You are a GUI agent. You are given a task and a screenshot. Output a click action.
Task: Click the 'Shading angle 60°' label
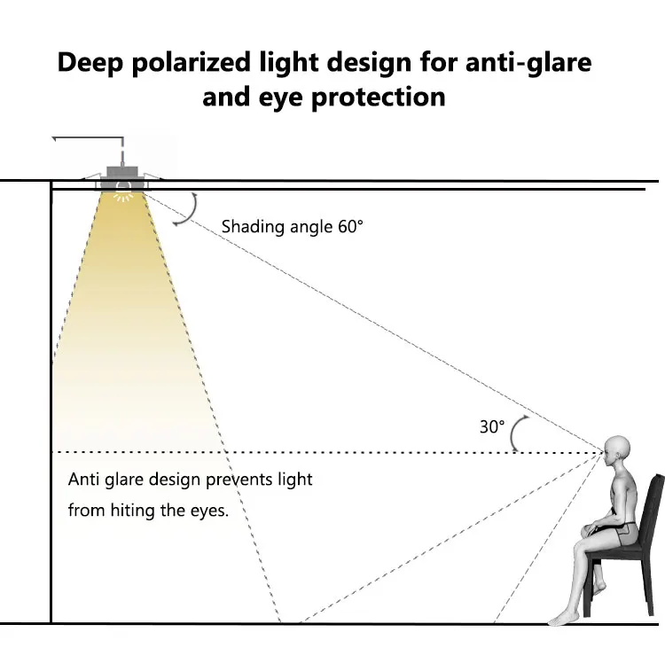coord(293,226)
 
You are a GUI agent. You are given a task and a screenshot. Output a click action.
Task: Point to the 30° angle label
coord(492,426)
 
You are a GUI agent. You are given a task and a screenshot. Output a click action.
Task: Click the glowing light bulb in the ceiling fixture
coord(123,189)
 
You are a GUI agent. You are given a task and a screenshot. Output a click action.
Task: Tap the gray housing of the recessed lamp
coord(122,171)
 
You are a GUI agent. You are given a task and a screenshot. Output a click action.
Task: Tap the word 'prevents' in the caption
coord(238,480)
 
